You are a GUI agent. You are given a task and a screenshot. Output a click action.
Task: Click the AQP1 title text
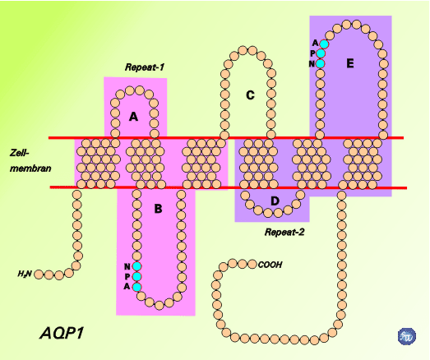62,334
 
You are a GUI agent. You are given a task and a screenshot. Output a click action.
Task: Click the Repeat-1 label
145,67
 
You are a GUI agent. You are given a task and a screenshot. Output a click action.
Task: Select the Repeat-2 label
284,233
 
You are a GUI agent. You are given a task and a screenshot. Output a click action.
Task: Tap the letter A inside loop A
133,117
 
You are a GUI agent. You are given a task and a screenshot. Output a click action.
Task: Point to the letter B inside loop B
158,209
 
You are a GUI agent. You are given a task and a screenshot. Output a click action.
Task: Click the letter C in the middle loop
250,95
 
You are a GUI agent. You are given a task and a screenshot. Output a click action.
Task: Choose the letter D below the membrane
275,201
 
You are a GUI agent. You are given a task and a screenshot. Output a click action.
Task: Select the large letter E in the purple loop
350,63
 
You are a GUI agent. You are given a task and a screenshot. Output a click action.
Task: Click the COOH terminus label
270,265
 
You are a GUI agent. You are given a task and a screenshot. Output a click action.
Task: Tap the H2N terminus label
25,274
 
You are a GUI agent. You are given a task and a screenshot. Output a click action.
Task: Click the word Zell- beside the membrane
19,153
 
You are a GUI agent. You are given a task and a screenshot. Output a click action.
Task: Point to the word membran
30,168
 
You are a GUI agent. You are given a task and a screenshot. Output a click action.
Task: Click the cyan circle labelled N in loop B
136,266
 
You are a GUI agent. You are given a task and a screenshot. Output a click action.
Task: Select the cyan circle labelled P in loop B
136,276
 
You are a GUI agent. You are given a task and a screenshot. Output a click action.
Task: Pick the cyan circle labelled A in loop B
136,287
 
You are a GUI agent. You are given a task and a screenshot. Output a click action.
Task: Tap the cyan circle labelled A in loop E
324,44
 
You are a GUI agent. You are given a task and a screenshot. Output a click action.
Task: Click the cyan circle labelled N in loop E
320,63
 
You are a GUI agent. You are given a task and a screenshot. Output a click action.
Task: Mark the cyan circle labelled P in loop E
321,53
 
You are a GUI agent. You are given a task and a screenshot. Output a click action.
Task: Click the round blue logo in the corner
407,336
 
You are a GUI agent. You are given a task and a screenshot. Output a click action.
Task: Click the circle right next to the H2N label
39,275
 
